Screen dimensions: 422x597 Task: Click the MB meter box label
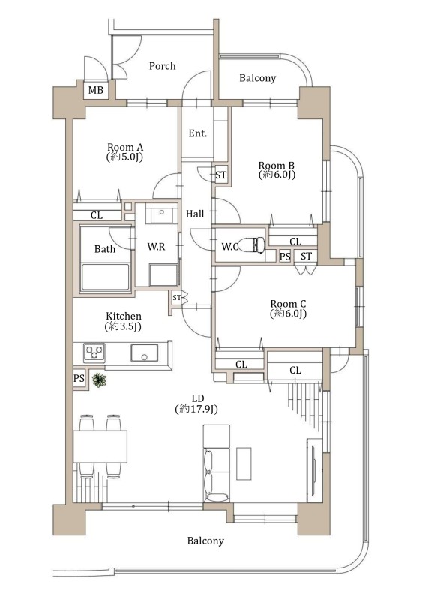95,90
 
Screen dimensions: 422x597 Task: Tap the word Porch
163,66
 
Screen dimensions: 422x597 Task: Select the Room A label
125,147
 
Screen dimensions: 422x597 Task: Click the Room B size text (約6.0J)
277,175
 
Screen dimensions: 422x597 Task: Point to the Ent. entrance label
198,133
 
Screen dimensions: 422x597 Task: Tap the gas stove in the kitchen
94,352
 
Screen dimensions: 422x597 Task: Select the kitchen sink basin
144,352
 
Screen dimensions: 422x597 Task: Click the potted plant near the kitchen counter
100,379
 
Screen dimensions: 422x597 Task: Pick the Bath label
105,249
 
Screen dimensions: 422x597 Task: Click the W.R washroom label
156,247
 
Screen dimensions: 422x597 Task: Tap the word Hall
195,214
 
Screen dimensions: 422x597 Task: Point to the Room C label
288,304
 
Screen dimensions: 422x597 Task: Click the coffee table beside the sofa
244,463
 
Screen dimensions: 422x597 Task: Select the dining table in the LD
100,446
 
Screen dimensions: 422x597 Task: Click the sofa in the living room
217,463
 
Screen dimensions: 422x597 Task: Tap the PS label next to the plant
79,379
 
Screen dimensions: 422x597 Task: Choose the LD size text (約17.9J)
196,409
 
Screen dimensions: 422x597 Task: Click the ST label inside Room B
220,175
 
